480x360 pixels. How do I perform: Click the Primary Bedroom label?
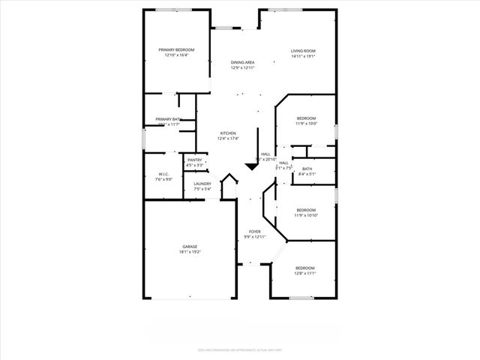175,49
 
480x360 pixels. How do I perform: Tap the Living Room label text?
303,50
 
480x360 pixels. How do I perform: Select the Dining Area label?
242,62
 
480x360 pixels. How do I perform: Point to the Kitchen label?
228,133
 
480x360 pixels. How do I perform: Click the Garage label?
190,246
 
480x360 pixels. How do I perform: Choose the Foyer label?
255,232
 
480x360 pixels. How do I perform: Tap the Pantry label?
195,159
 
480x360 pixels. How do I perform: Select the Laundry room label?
202,183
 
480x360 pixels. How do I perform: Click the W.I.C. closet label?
163,174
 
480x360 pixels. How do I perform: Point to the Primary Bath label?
168,119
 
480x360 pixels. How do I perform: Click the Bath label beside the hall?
307,169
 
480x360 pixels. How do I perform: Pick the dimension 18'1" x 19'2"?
190,252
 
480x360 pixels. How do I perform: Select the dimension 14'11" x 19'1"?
303,55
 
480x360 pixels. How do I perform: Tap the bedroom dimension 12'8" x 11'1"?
304,274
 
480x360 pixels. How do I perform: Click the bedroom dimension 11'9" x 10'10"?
305,215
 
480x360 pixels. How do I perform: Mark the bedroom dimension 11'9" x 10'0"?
305,124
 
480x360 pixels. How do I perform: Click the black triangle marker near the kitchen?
250,166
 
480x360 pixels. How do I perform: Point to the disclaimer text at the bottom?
239,348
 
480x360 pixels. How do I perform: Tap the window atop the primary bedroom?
173,9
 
